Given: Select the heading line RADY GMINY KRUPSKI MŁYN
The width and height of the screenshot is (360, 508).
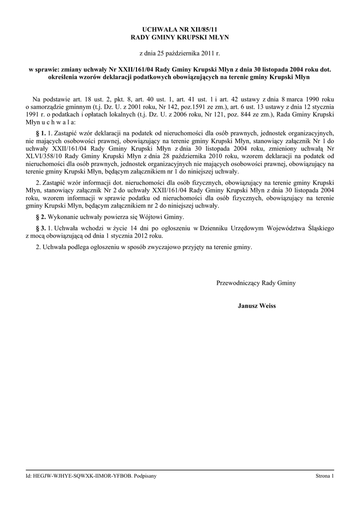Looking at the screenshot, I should click(179, 37).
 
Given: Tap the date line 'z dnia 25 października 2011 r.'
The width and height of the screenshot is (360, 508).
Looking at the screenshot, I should click(179, 53).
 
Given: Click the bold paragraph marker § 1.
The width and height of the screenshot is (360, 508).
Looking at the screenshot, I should click(41, 133).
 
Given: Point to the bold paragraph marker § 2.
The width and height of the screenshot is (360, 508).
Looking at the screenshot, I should click(41, 217).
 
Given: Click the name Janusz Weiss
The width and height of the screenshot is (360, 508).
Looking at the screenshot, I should click(256, 306).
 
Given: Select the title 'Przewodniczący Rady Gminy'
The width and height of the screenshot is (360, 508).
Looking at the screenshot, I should click(256, 283).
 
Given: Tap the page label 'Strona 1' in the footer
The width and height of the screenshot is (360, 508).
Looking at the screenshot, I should click(325, 476).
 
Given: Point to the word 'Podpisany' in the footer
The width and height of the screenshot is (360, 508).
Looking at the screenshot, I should click(145, 476).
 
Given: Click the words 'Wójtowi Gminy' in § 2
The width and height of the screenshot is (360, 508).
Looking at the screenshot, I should click(162, 217).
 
